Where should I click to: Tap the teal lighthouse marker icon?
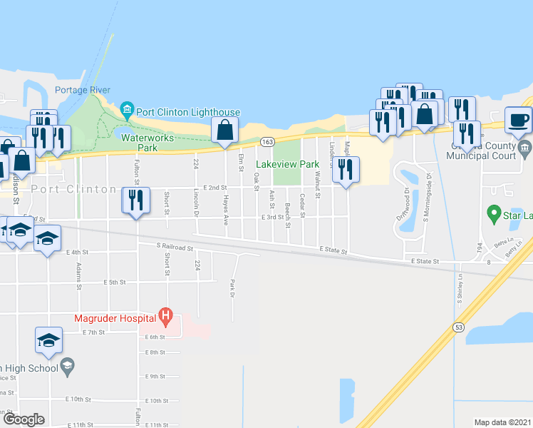[x=128, y=108]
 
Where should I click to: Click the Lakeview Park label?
[x=287, y=164]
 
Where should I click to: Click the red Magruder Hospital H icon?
[x=166, y=315]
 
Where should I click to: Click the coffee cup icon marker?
[x=518, y=119]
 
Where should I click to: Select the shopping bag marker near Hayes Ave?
[x=224, y=131]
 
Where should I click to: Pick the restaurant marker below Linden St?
[x=346, y=170]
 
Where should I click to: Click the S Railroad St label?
[x=175, y=247]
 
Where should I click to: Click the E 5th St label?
[x=116, y=282]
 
